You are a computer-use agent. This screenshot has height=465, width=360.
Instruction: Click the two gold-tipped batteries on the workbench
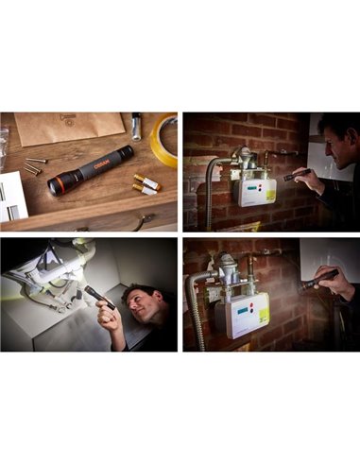[145, 183]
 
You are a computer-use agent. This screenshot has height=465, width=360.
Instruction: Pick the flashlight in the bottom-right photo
[319, 279]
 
